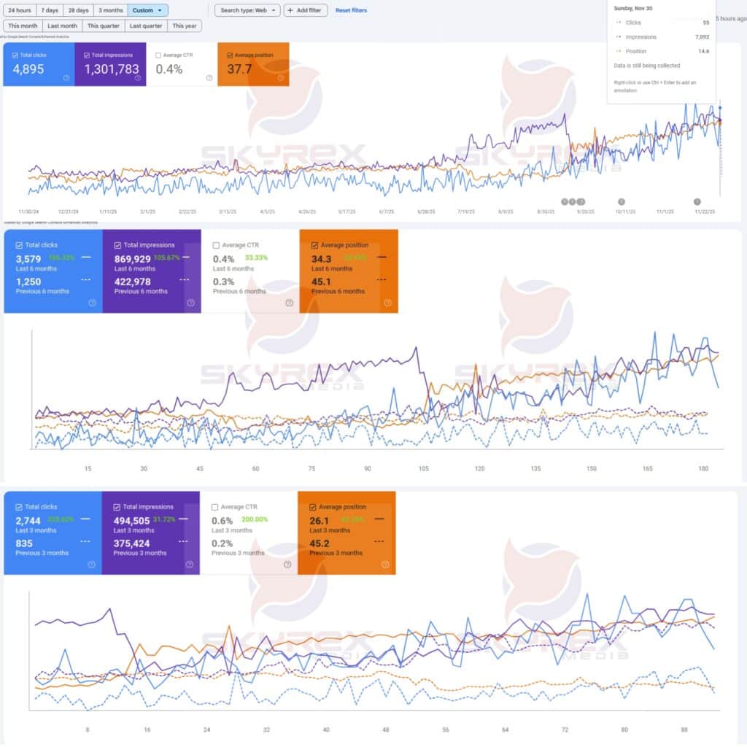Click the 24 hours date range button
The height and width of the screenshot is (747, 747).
click(x=19, y=11)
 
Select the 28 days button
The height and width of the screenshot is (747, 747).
click(x=77, y=11)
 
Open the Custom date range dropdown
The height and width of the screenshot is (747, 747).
click(x=147, y=11)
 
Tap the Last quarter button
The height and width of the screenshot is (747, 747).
click(x=145, y=26)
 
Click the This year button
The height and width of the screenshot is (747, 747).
click(x=185, y=26)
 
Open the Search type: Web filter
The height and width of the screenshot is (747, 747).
click(x=247, y=11)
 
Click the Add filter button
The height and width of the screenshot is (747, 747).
click(x=306, y=11)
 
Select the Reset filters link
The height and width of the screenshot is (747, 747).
click(x=351, y=11)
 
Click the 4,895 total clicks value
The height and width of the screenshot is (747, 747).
click(x=29, y=69)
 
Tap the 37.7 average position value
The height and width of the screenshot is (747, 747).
click(x=239, y=69)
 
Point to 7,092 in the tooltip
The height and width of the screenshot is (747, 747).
click(x=702, y=37)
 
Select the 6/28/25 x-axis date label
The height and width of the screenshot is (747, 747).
click(x=426, y=212)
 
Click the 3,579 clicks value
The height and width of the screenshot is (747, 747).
click(x=28, y=258)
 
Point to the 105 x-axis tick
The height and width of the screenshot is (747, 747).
click(x=423, y=469)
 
